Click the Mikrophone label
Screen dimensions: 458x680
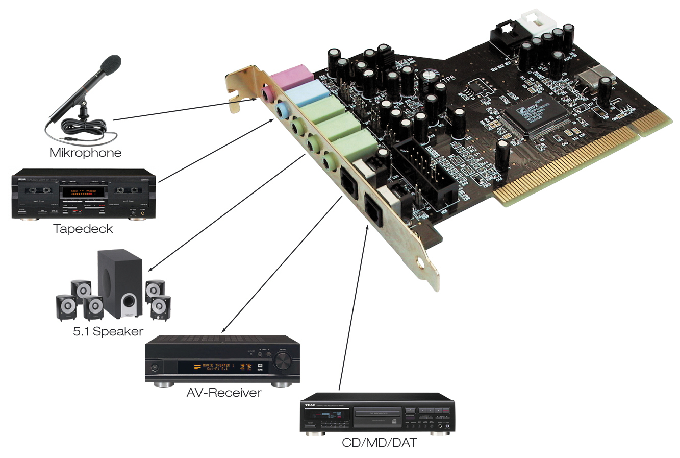click(85, 153)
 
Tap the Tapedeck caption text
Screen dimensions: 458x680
click(83, 229)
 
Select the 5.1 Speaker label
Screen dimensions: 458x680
click(108, 331)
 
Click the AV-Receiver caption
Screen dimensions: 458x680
click(223, 393)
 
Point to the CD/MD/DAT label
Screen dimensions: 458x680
click(379, 443)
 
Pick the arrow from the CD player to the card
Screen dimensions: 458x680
click(353, 306)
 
